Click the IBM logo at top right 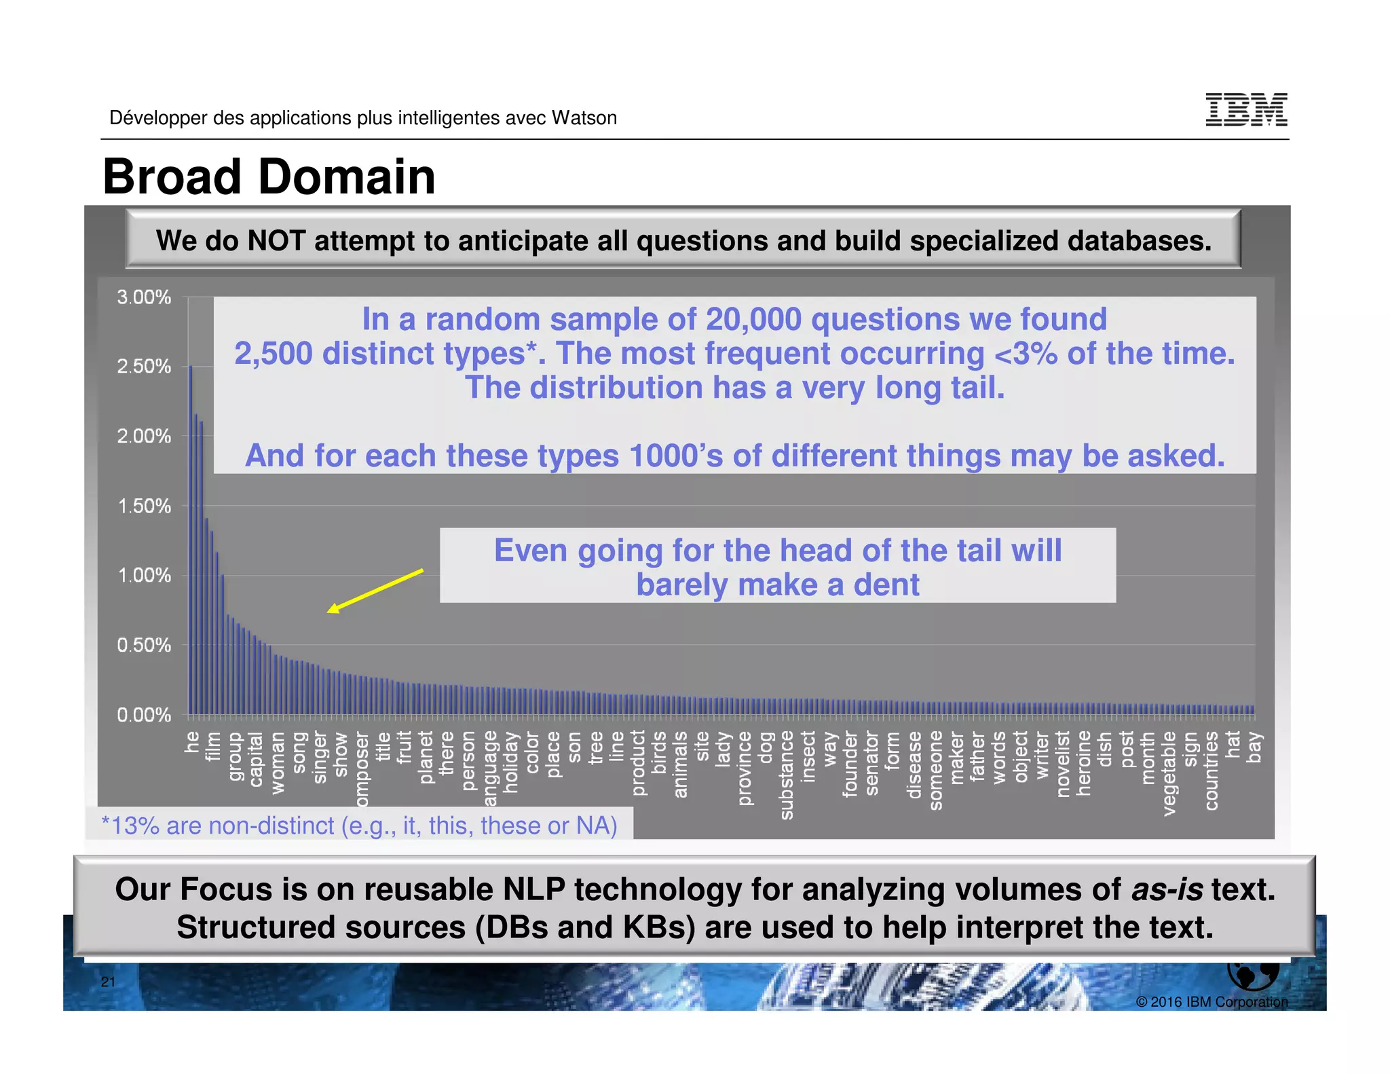[1246, 110]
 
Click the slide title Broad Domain [269, 177]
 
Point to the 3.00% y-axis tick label [144, 297]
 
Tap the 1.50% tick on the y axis [144, 506]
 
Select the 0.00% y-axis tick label [144, 715]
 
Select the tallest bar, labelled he [191, 540]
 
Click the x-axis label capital [256, 759]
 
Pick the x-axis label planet [426, 757]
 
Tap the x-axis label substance [787, 775]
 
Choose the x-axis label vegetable [1169, 773]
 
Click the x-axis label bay [1254, 747]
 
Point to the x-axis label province [745, 768]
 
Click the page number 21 [108, 982]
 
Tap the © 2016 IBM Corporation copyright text [1211, 1002]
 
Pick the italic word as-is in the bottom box [1167, 889]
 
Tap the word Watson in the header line [584, 118]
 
